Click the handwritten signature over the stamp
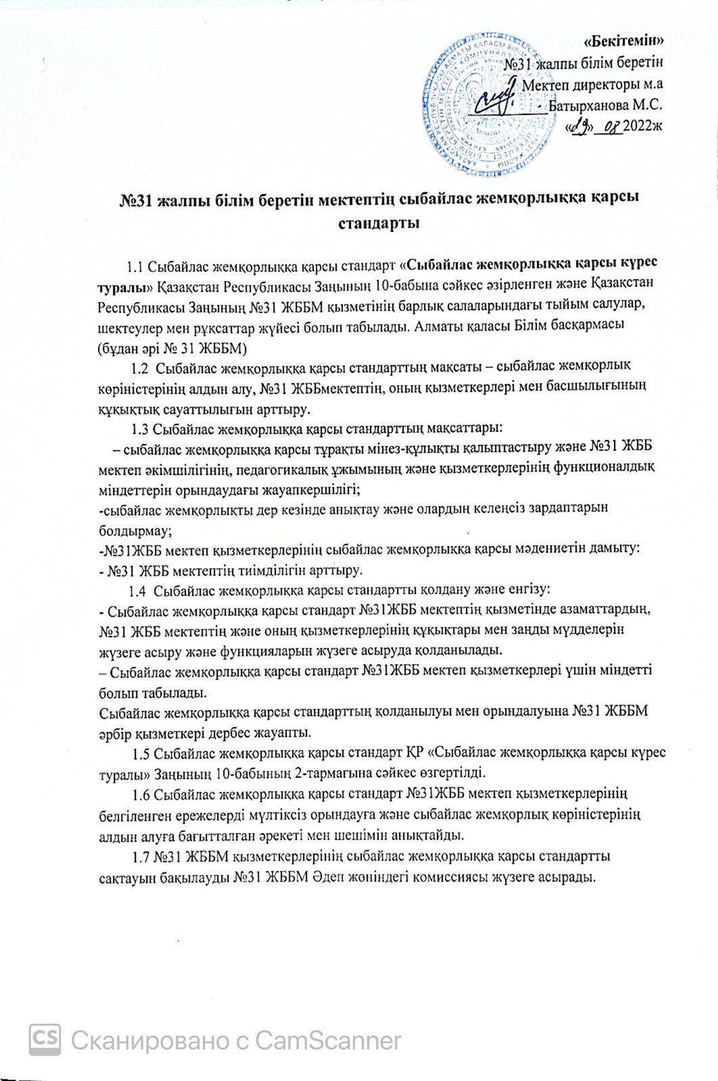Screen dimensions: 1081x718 [497, 99]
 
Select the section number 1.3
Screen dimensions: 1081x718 [141, 428]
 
